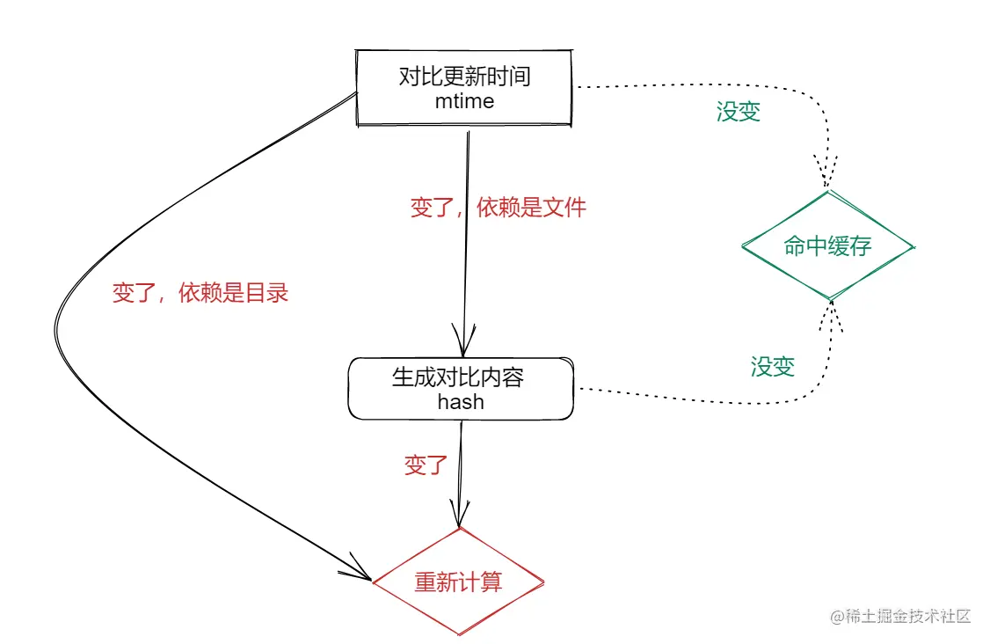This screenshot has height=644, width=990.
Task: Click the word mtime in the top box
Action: tap(464, 101)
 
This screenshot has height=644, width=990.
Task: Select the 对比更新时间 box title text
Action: tap(464, 77)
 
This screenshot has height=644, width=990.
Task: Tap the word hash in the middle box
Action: tap(461, 401)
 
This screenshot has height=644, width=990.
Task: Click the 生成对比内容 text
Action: tap(458, 377)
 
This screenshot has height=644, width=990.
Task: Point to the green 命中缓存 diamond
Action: tap(827, 245)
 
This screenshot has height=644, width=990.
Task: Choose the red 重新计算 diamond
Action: tap(458, 582)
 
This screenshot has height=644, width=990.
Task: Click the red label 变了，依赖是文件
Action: tap(498, 209)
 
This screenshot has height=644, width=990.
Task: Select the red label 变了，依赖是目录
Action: tap(200, 293)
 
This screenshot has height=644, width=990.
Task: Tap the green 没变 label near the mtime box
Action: tap(738, 112)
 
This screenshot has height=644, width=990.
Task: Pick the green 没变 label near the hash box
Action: tap(772, 367)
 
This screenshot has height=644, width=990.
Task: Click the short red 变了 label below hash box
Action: tap(426, 465)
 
